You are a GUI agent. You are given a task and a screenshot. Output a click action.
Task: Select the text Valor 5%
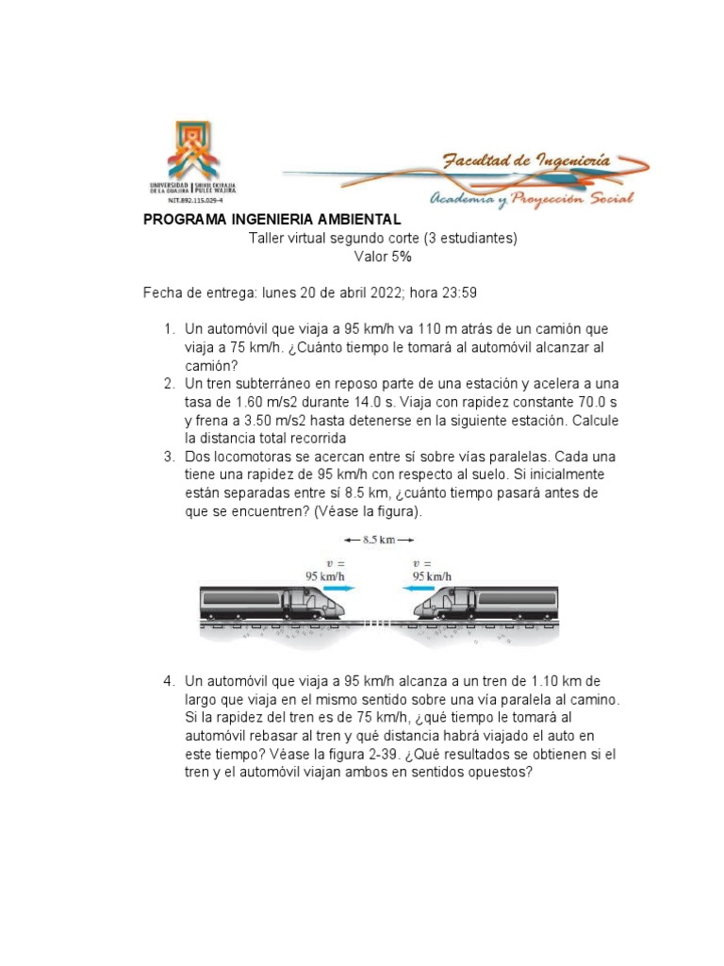coord(382,257)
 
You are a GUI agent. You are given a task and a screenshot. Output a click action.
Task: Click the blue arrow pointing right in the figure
coord(340,587)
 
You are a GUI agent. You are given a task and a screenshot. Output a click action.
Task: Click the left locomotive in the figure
coord(273,605)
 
